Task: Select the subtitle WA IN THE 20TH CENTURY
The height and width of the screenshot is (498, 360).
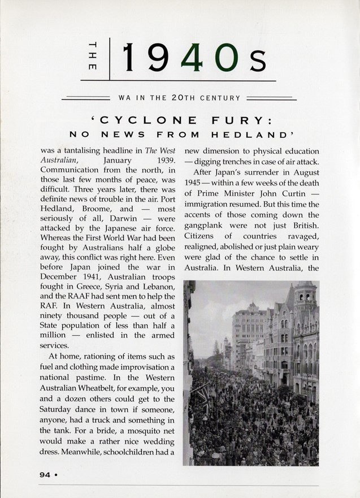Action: (179, 98)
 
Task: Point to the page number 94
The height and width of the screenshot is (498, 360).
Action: (45, 475)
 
